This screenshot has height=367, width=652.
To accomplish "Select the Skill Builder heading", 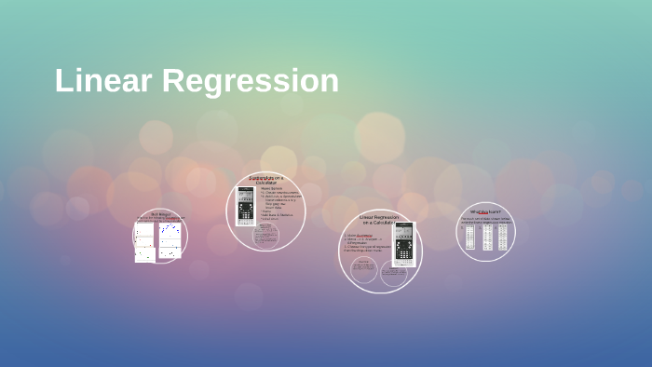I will click(160, 214).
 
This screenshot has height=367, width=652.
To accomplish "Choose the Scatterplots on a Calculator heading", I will click(266, 180).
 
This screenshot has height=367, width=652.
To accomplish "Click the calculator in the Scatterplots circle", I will click(246, 206).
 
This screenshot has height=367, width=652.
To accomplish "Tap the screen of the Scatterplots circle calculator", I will click(246, 195).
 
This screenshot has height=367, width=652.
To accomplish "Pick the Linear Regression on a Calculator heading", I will click(379, 220).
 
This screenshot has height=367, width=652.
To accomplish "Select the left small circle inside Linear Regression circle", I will click(364, 270).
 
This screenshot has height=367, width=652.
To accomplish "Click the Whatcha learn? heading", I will click(485, 211).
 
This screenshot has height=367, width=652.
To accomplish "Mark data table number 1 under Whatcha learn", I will click(470, 238).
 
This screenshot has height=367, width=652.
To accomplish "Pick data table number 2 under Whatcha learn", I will click(487, 238).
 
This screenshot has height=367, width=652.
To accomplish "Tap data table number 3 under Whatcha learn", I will click(503, 238).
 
